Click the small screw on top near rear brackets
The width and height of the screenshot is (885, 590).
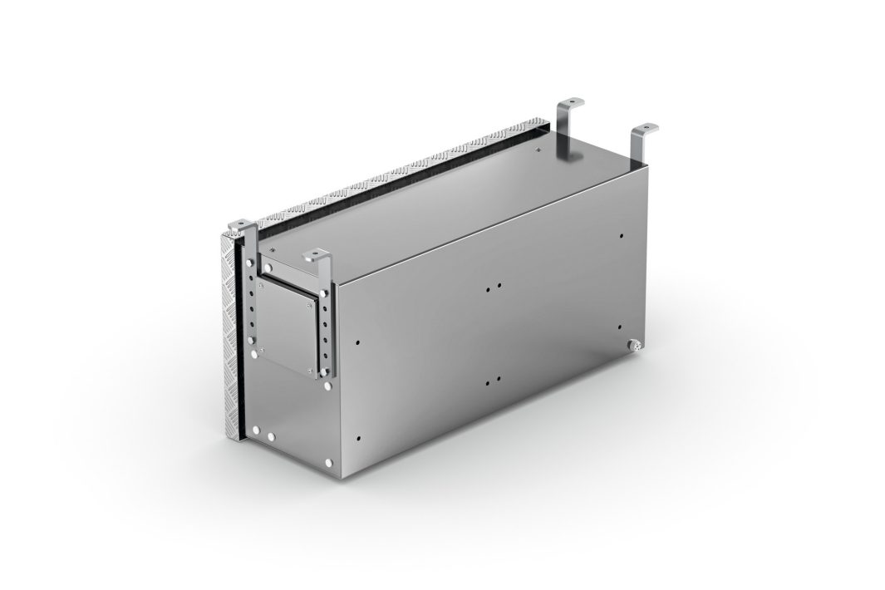(538, 152)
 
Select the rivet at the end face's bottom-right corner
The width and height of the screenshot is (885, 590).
(331, 461)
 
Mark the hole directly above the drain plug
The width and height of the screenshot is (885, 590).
(622, 235)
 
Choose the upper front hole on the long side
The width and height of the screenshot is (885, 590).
(356, 341)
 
